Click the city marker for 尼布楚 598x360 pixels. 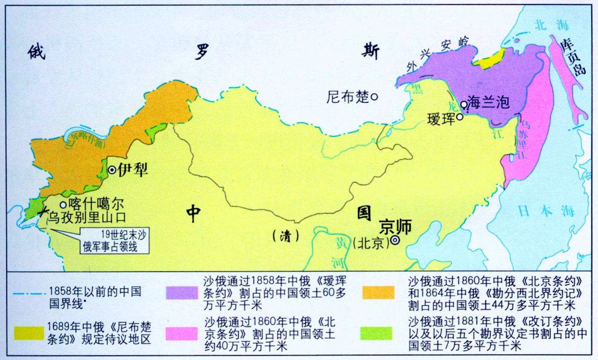point(374,97)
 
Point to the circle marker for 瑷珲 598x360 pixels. point(460,117)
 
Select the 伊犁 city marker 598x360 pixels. point(112,170)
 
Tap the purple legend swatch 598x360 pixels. point(182,292)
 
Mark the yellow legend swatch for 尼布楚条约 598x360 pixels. point(29,332)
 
